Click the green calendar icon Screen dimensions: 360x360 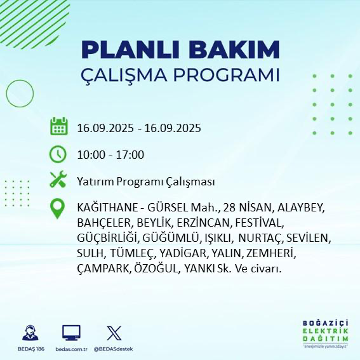pyautogui.click(x=58, y=126)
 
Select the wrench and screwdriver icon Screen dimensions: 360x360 pyautogui.click(x=58, y=180)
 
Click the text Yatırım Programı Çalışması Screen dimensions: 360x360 pyautogui.click(x=145, y=182)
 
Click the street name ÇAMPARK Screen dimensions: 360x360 pyautogui.click(x=103, y=269)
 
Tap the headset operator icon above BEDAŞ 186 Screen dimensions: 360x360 pyautogui.click(x=29, y=333)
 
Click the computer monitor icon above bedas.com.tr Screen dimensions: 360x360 pyautogui.click(x=70, y=333)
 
